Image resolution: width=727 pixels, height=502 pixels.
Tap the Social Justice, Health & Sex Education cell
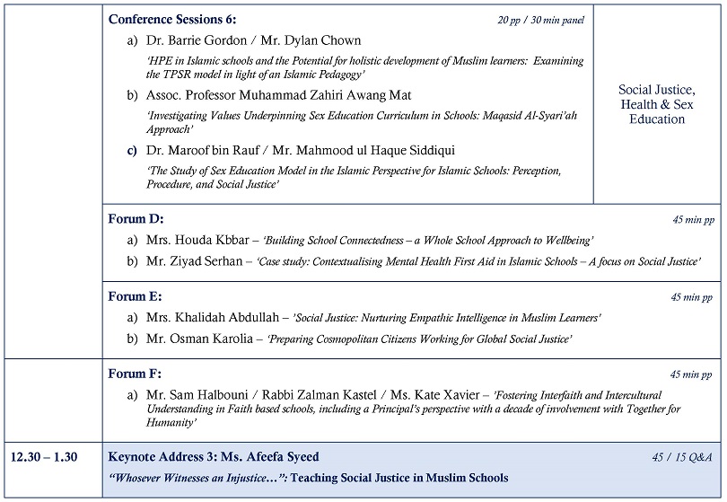click(657, 104)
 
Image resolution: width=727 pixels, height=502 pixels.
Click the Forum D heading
click(136, 219)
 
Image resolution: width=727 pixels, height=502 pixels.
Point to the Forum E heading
click(136, 296)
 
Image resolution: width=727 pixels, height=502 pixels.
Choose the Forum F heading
click(136, 374)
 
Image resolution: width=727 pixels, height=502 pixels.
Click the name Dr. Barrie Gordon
click(191, 40)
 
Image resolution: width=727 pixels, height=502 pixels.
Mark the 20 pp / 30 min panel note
click(541, 20)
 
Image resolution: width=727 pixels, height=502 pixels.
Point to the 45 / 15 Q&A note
click(682, 457)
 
